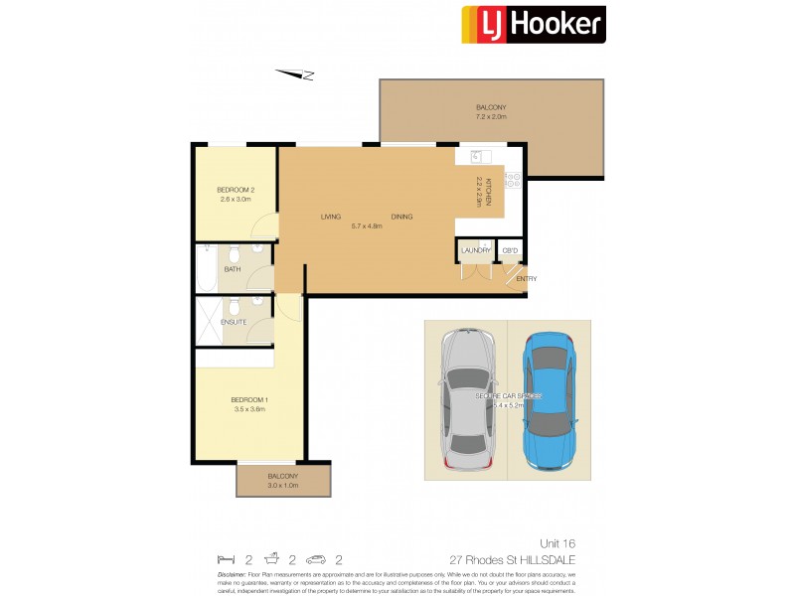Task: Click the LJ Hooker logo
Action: [533, 25]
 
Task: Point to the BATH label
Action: [232, 268]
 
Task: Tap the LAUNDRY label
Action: [476, 250]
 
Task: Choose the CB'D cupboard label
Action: [511, 250]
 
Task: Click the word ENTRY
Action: [526, 278]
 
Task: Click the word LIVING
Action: [331, 217]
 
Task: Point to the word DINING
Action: [401, 217]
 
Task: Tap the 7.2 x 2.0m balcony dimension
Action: [490, 117]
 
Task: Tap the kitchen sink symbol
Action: [475, 156]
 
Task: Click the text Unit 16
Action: [557, 543]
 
